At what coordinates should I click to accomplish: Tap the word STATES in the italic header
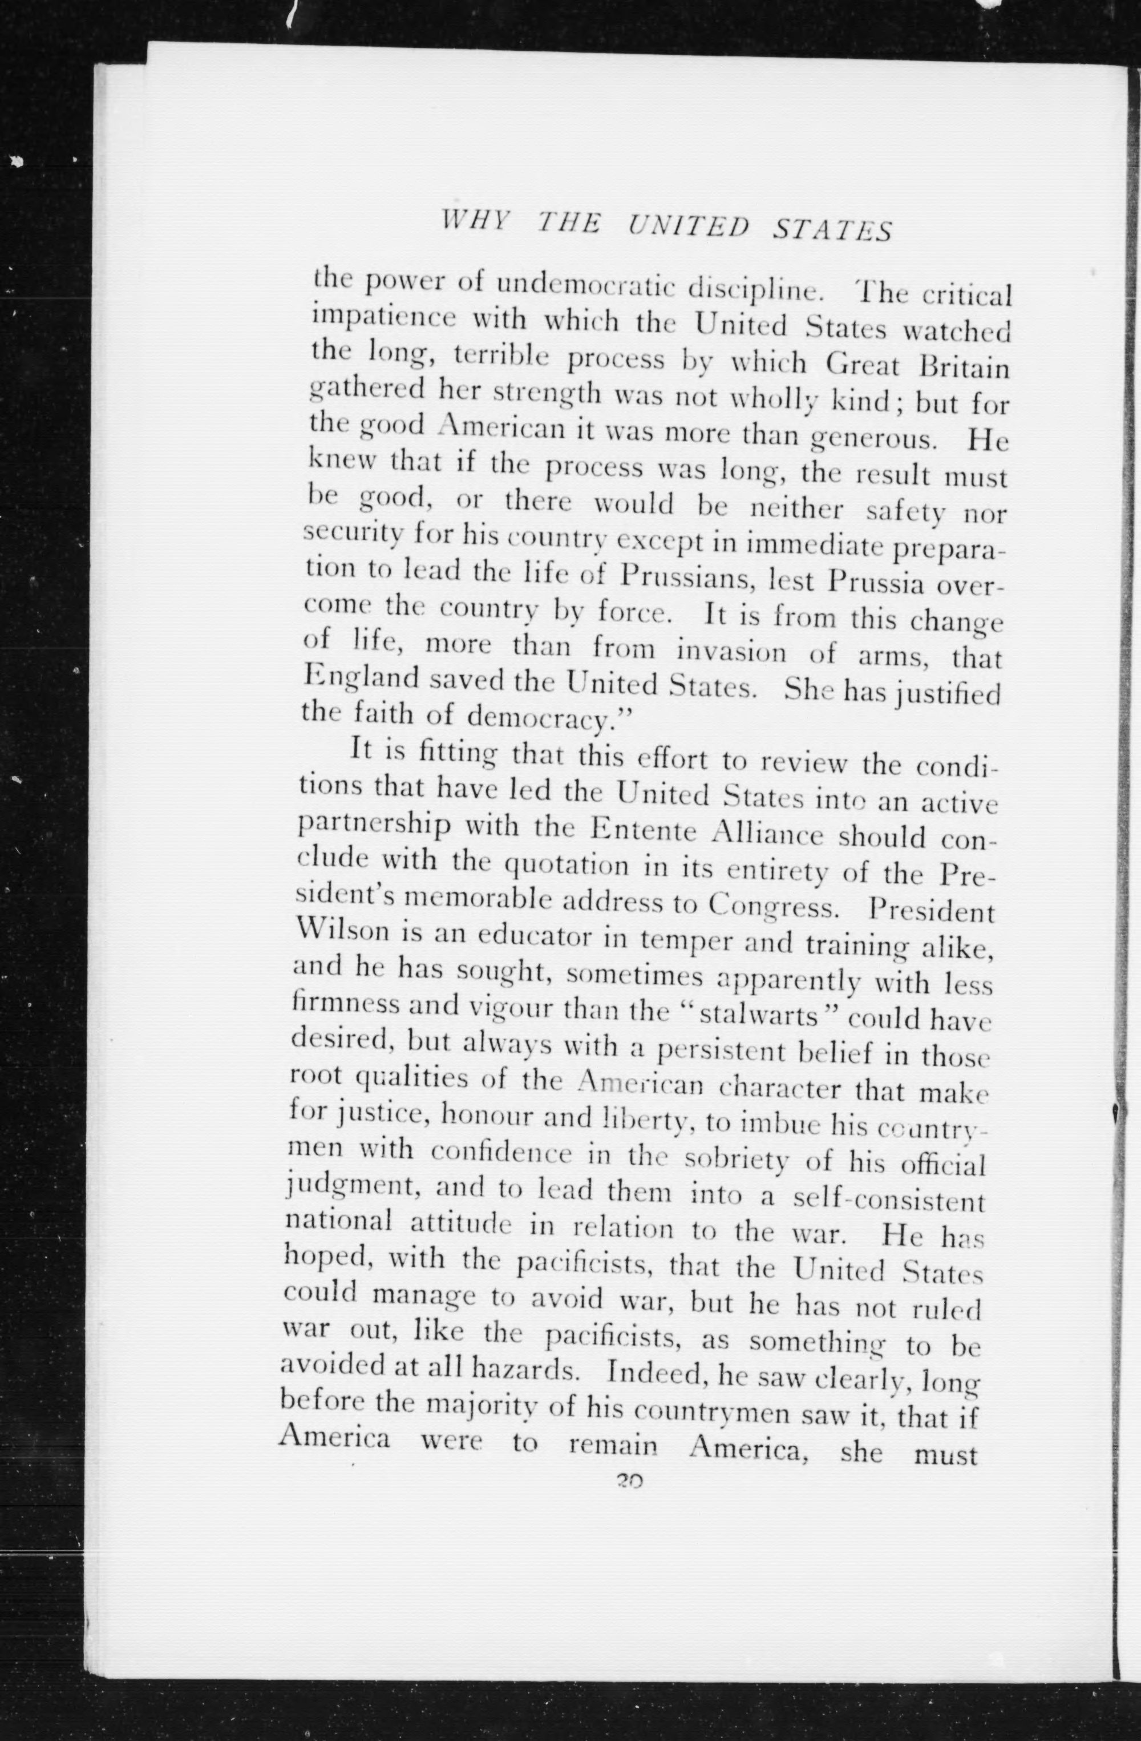832,231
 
